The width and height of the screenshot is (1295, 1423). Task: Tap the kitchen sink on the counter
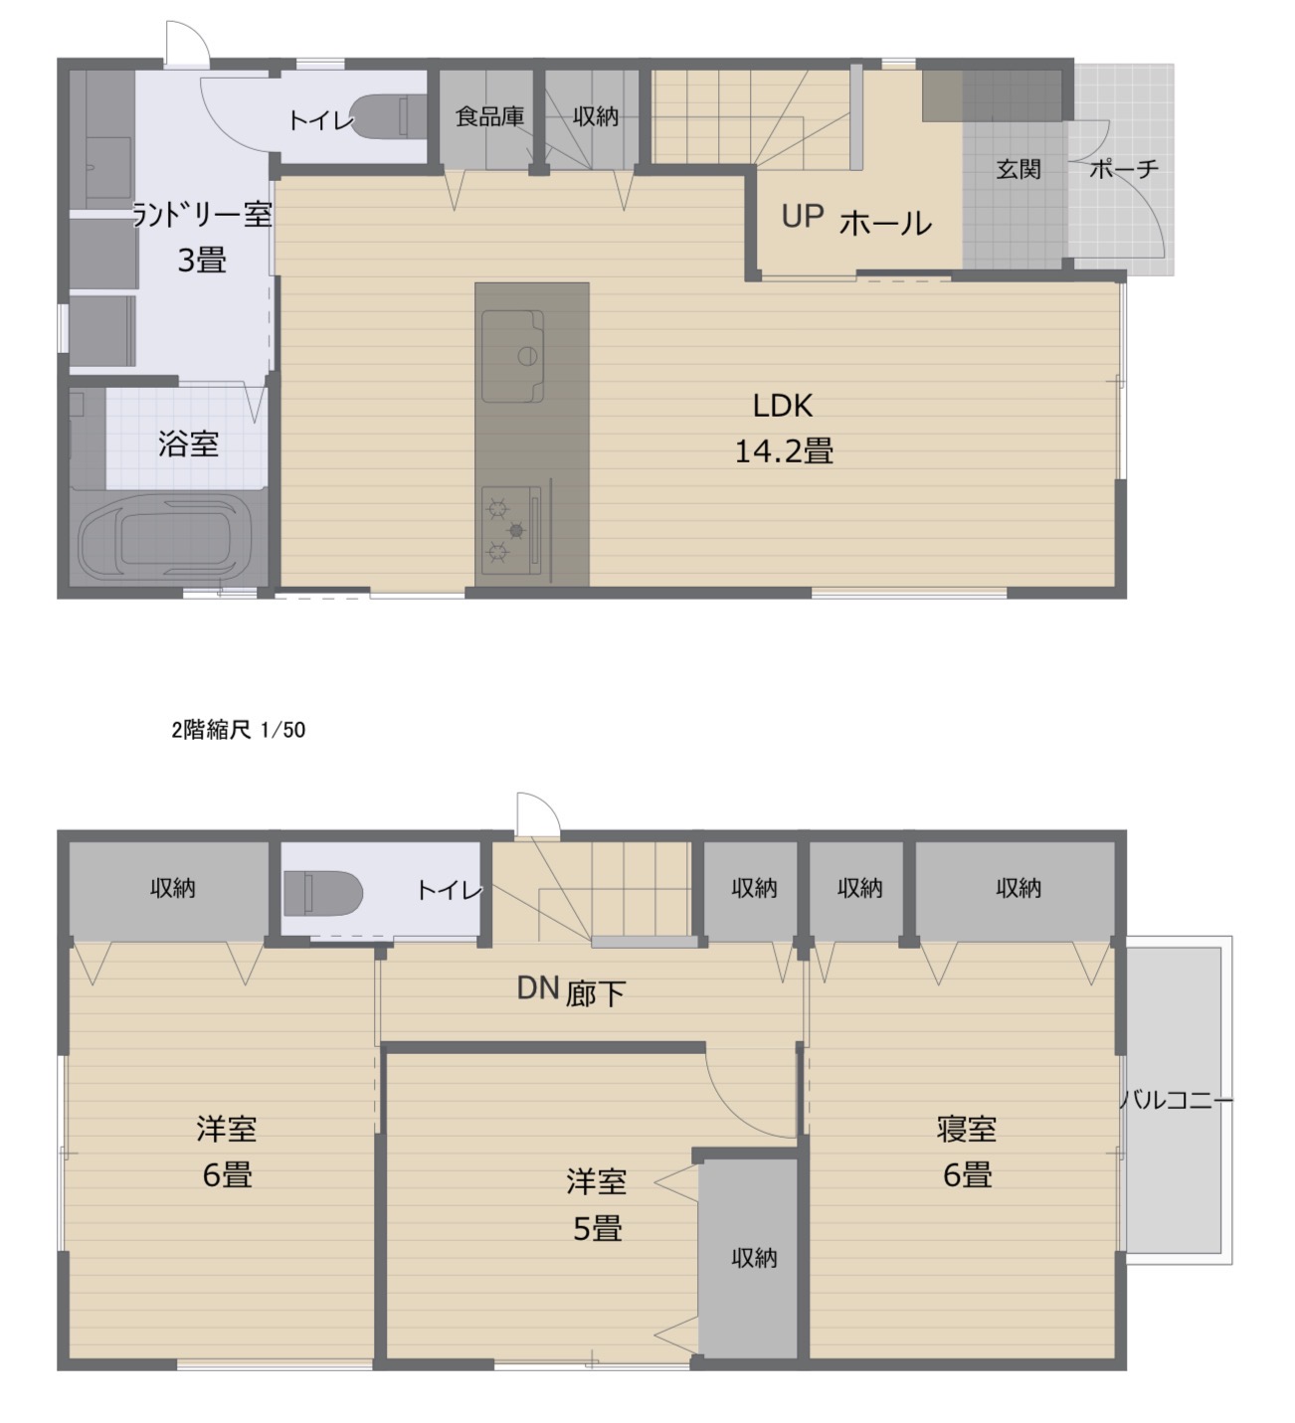point(512,356)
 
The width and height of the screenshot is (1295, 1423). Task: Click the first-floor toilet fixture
point(389,116)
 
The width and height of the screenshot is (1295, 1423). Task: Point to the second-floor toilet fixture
point(323,893)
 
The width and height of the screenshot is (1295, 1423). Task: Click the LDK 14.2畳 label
point(784,429)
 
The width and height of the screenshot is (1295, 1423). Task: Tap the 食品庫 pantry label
point(489,116)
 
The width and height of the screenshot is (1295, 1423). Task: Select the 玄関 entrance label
point(1018,169)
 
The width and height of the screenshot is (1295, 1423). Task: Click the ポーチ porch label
point(1124,169)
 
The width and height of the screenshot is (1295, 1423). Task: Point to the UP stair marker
point(803,217)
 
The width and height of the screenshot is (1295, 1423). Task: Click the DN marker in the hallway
point(538,987)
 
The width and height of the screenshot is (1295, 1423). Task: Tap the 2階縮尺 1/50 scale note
point(239,730)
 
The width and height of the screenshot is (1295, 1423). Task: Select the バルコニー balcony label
point(1178,1100)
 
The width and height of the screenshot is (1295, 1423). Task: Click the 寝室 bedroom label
point(967,1129)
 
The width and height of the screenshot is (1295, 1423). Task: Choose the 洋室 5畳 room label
point(597,1205)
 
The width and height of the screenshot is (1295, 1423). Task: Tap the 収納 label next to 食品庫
point(596,116)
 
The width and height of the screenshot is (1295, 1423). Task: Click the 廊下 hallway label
point(596,993)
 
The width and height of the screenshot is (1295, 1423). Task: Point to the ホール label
point(885,224)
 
